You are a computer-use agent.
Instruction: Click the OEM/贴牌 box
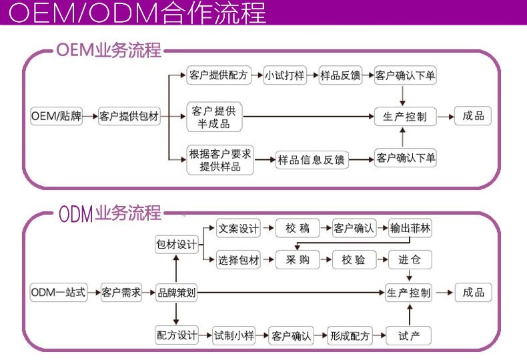pos(57,116)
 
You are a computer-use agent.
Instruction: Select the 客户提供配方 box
pos(219,75)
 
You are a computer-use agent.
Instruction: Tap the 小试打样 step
pos(285,75)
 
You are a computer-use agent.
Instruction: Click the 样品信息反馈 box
pos(312,160)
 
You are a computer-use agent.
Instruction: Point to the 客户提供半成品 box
pos(214,116)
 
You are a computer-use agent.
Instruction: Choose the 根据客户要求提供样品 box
pos(220,160)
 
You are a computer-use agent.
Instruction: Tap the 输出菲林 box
pos(410,228)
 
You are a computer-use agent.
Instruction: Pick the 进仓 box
pos(410,260)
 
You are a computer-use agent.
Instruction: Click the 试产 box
pos(410,335)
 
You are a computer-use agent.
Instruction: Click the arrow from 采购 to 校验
pos(326,260)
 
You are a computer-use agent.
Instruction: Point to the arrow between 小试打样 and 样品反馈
pos(312,75)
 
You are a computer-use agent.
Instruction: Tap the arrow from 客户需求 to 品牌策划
pos(148,292)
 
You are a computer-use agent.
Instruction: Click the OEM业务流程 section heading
pos(109,51)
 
